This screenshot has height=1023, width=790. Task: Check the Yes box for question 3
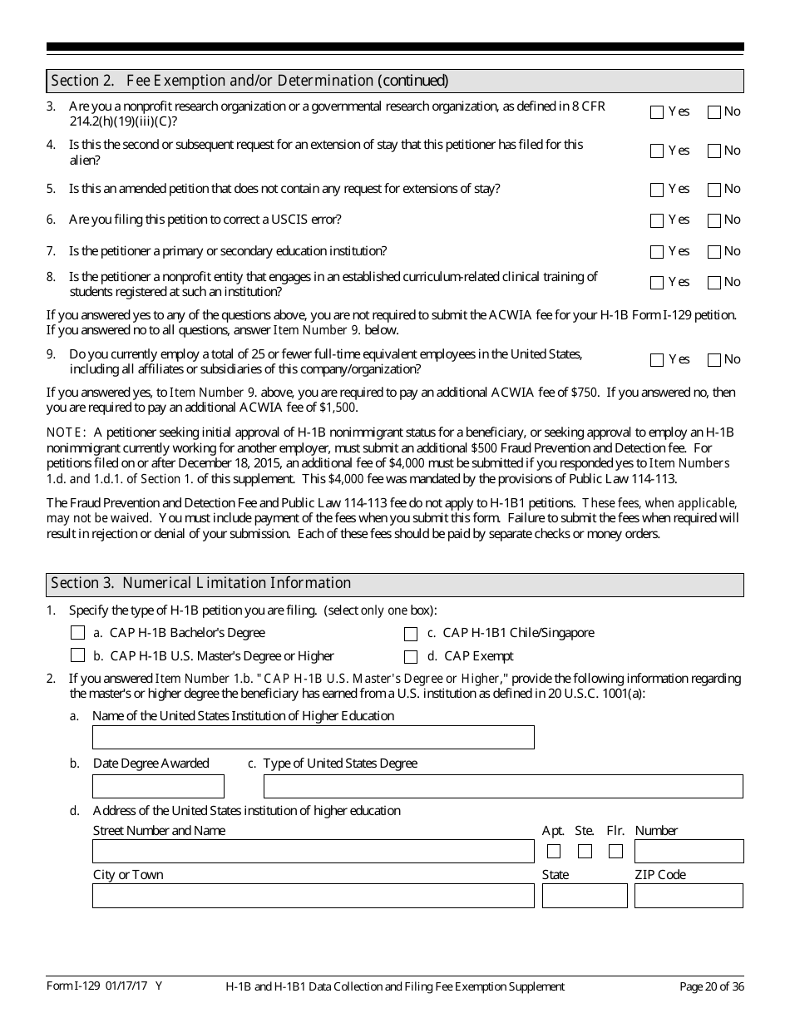pyautogui.click(x=657, y=112)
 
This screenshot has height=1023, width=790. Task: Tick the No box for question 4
pyautogui.click(x=713, y=151)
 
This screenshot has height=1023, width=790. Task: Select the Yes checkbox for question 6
pyautogui.click(x=657, y=220)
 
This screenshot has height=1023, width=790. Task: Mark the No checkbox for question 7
pyautogui.click(x=713, y=252)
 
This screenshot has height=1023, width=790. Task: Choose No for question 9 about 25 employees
pyautogui.click(x=713, y=360)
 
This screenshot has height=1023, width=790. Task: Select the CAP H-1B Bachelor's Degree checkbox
pyautogui.click(x=78, y=633)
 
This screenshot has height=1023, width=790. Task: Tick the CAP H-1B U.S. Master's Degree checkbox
pyautogui.click(x=78, y=655)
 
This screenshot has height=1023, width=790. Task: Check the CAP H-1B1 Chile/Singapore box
pyautogui.click(x=411, y=634)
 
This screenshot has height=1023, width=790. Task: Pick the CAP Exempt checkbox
pyautogui.click(x=411, y=656)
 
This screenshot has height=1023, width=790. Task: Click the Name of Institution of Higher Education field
pyautogui.click(x=313, y=738)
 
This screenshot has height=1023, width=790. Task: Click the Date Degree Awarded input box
pyautogui.click(x=158, y=786)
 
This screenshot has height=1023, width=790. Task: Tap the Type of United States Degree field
pyautogui.click(x=502, y=786)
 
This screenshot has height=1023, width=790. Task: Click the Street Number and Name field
pyautogui.click(x=313, y=851)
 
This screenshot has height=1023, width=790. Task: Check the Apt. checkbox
pyautogui.click(x=554, y=851)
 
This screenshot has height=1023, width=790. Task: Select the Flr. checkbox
pyautogui.click(x=615, y=851)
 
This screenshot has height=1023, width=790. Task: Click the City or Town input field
pyautogui.click(x=313, y=896)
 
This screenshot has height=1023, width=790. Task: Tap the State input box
pyautogui.click(x=585, y=896)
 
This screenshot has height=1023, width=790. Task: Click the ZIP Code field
pyautogui.click(x=689, y=896)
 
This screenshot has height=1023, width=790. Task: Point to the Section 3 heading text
pyautogui.click(x=201, y=583)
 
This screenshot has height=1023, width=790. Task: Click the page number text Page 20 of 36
pyautogui.click(x=711, y=986)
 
